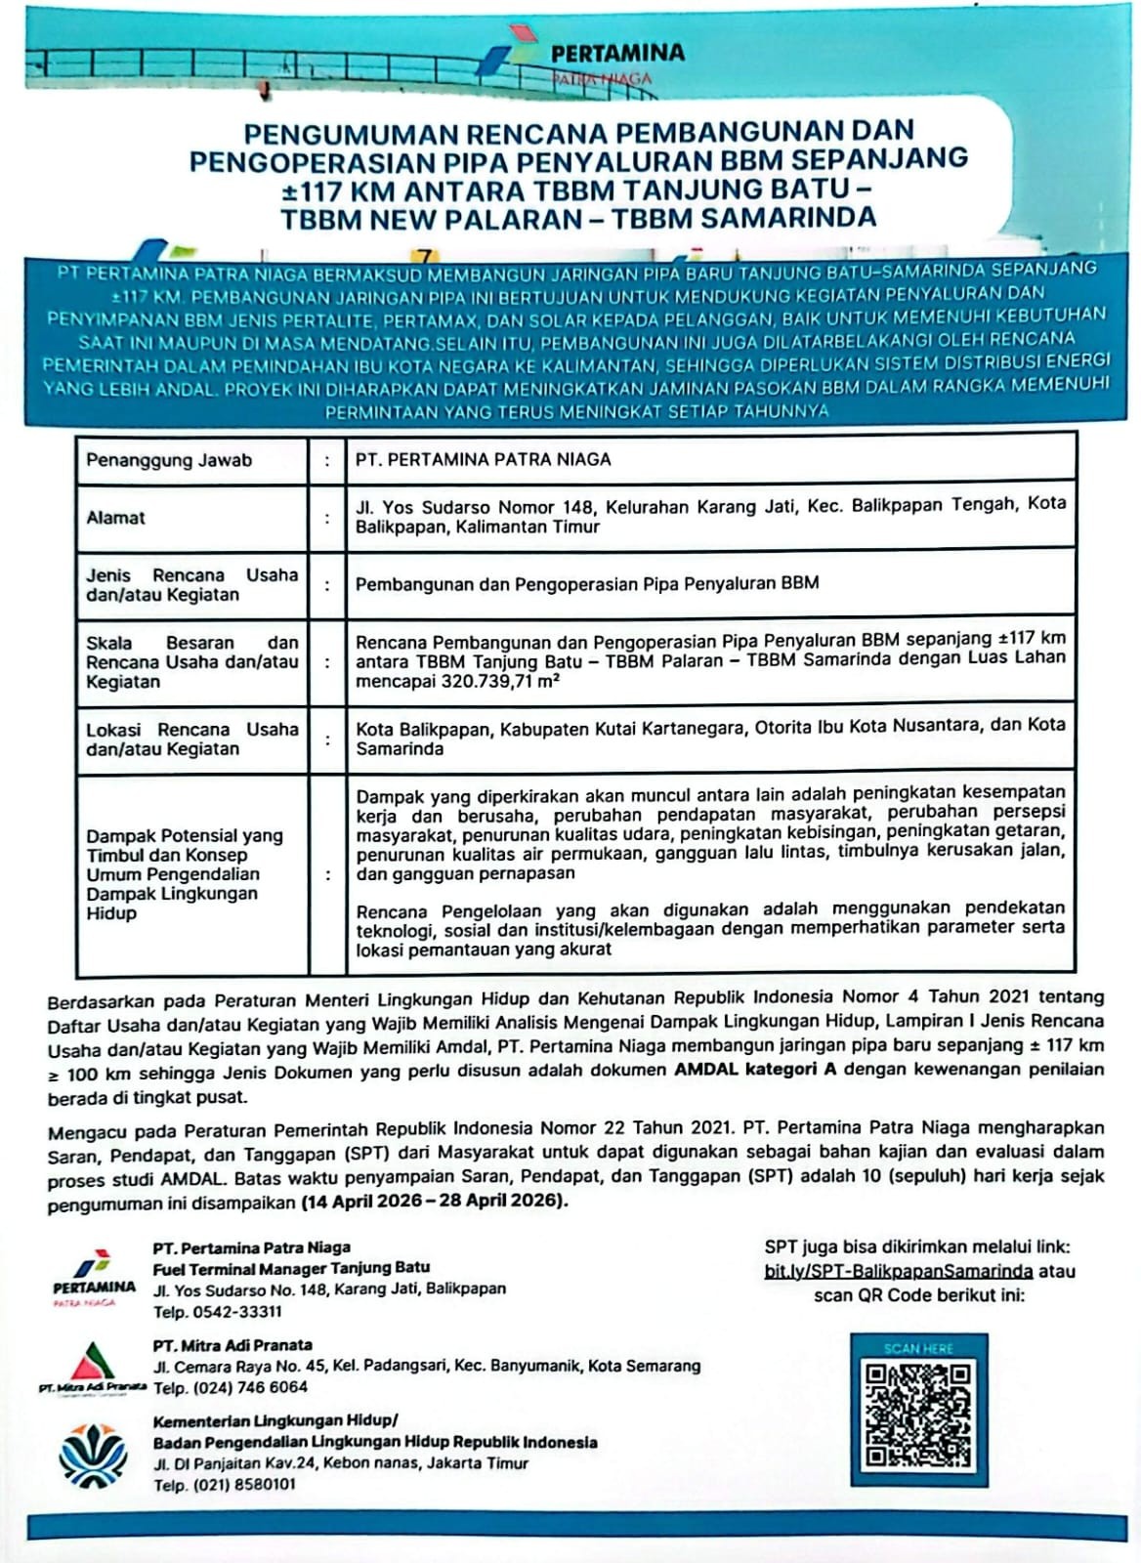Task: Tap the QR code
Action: click(x=918, y=1415)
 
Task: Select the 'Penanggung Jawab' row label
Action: click(x=169, y=460)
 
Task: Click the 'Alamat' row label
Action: click(x=115, y=518)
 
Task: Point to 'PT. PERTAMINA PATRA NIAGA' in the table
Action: click(x=483, y=459)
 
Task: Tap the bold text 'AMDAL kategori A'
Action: click(x=755, y=1070)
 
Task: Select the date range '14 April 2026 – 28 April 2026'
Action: click(x=433, y=1201)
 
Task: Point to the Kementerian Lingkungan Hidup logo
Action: click(x=92, y=1453)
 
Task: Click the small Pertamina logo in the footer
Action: click(x=94, y=1276)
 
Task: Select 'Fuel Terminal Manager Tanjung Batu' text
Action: click(x=291, y=1268)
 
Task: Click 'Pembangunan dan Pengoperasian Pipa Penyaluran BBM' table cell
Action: click(x=586, y=584)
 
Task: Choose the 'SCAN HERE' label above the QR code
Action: click(x=918, y=1348)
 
